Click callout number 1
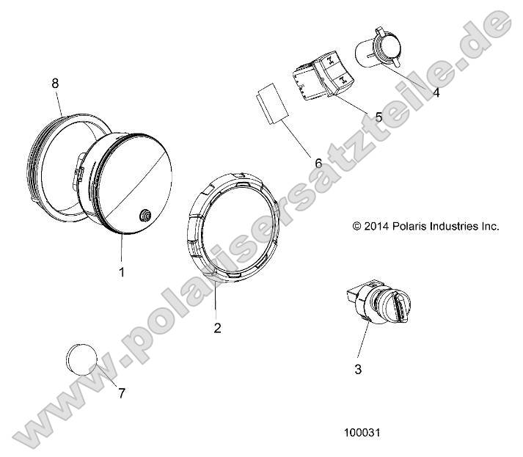122,271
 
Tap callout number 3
358,370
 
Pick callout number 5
378,117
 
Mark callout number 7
122,392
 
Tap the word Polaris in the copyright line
404,226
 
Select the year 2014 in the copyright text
376,226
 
